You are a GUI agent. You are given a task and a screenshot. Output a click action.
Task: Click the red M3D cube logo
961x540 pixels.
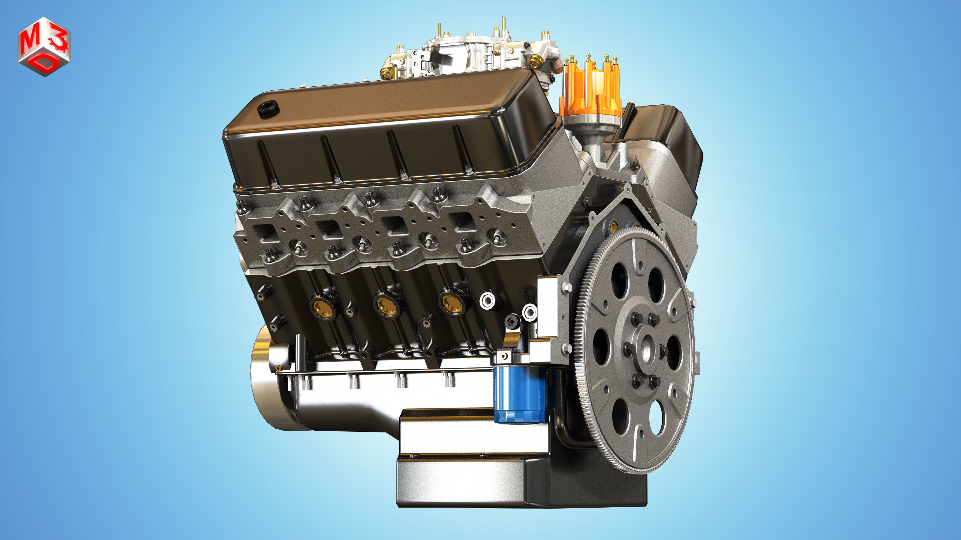point(44,46)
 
